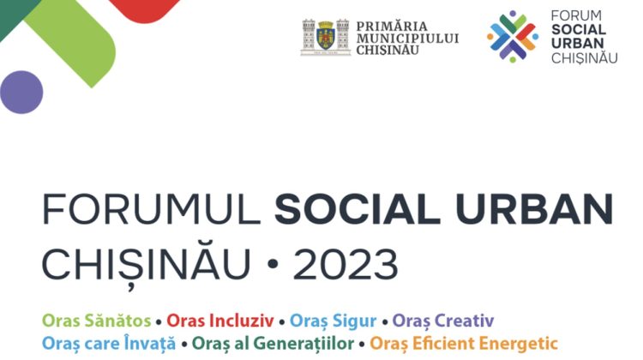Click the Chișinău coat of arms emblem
(325, 37)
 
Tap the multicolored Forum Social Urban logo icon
(513, 37)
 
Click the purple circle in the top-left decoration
(21, 92)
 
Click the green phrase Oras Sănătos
(97, 321)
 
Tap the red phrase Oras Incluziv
(220, 321)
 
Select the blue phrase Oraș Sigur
(334, 321)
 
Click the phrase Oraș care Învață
(108, 344)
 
